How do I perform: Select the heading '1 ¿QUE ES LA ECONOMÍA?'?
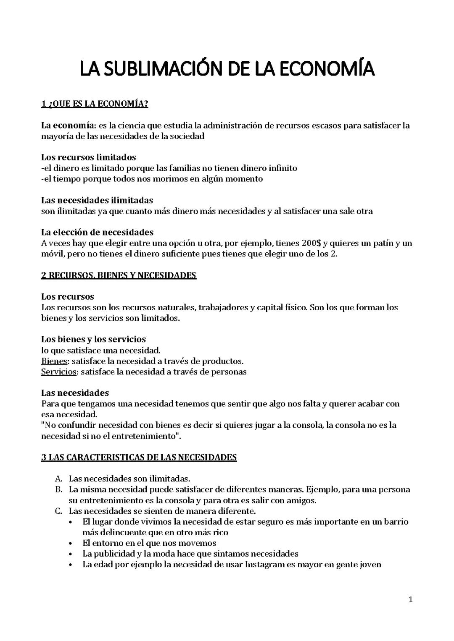(x=95, y=104)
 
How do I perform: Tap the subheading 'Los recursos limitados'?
(x=88, y=157)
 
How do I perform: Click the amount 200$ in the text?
(x=311, y=243)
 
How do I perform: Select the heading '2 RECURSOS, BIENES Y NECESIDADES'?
(x=119, y=275)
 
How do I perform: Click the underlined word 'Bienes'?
(x=54, y=361)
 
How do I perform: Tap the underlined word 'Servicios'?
(x=59, y=372)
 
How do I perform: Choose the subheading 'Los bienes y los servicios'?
(x=93, y=339)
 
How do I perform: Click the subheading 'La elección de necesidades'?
(x=97, y=232)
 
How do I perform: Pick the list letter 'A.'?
(x=58, y=479)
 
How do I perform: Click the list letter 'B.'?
(x=58, y=489)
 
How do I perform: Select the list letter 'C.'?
(x=58, y=511)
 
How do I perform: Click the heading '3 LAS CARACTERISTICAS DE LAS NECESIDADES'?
(x=139, y=457)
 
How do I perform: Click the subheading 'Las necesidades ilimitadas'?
(x=97, y=200)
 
